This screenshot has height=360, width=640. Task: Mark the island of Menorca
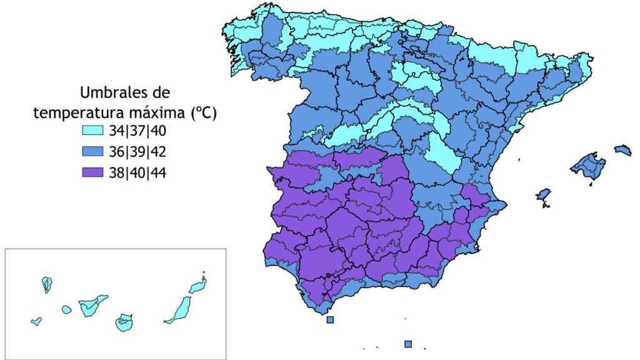tap(622, 150)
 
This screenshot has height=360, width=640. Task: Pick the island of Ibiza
tap(542, 195)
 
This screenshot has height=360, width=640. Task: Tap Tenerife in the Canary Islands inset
tap(92, 306)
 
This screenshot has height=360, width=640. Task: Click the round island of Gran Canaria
tap(124, 322)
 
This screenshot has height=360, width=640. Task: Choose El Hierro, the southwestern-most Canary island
tap(36, 321)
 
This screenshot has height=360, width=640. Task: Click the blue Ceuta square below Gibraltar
tap(330, 320)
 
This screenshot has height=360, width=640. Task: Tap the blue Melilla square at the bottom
tap(408, 344)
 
